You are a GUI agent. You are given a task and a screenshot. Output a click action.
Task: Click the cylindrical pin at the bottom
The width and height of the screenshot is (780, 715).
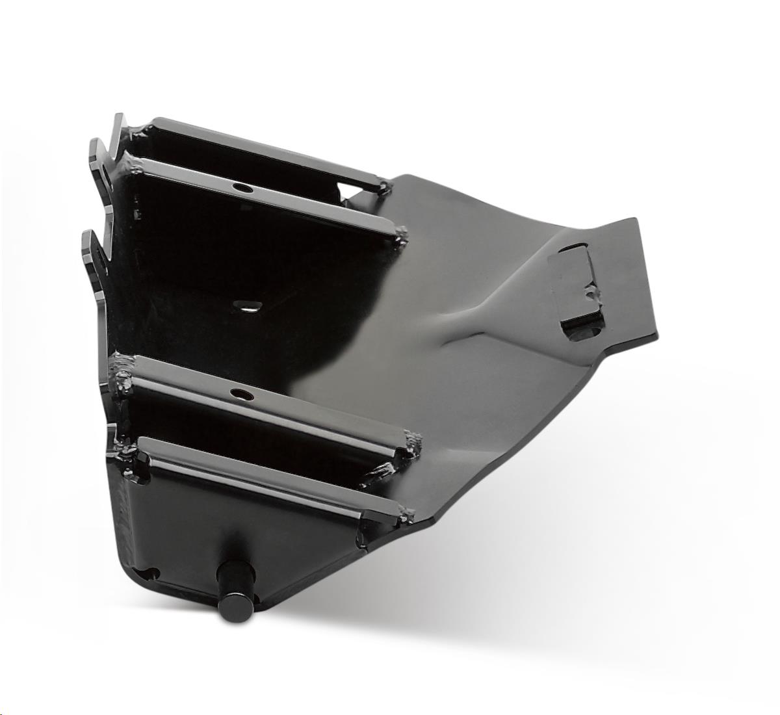click(x=233, y=599)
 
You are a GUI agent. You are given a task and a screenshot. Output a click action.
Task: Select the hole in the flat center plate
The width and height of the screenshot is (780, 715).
click(x=246, y=306)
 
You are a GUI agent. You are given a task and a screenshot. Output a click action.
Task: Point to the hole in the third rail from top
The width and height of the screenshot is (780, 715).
click(x=241, y=395)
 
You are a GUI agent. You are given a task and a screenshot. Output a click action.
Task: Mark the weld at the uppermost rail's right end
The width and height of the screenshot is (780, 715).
click(x=384, y=188)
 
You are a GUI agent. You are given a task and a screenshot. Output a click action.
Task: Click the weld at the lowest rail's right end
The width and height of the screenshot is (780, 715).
click(x=406, y=516)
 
